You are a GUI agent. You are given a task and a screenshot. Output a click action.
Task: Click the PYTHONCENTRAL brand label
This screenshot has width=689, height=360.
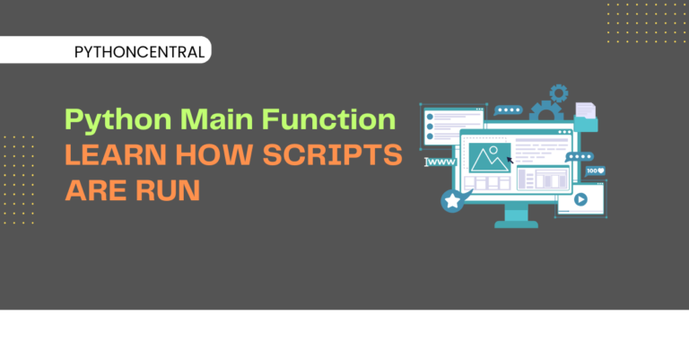139,52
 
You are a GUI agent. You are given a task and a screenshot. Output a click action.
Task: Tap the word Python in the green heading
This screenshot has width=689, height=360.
118,120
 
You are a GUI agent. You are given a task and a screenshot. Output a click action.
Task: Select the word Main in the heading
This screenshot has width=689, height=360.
216,119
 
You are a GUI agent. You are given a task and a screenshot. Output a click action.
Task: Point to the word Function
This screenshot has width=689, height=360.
328,119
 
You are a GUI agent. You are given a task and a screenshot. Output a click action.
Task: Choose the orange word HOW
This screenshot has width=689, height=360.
214,154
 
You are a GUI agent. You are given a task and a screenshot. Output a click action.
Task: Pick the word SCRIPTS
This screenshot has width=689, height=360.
332,154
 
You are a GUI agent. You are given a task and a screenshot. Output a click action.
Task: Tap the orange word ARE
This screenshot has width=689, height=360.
96,190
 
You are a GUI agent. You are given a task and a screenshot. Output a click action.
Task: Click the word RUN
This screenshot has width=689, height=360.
168,190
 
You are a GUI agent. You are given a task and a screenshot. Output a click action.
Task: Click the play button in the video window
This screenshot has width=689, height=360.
580,199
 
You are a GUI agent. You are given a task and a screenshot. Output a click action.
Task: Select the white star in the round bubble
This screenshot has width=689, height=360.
452,201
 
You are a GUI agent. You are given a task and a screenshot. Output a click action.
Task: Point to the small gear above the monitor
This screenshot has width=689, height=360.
559,93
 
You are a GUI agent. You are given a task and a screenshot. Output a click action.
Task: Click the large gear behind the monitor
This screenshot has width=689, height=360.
546,111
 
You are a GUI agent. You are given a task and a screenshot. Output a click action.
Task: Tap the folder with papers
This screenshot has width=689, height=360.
586,117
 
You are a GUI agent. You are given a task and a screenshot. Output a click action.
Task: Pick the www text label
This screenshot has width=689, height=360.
441,162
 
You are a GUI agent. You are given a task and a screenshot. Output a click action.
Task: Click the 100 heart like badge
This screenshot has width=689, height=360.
596,171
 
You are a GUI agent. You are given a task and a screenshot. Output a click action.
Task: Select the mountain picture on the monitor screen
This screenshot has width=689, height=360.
490,158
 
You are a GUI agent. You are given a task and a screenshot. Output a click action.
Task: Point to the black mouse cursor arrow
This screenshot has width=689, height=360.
510,160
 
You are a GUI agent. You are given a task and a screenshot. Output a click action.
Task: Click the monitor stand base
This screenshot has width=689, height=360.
517,224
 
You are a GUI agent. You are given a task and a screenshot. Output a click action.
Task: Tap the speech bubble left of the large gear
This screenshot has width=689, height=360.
508,110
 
